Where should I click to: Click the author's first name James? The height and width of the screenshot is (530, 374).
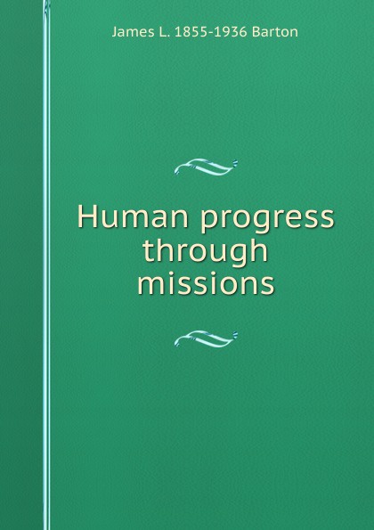(129, 32)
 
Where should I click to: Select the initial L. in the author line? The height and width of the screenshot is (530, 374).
(159, 32)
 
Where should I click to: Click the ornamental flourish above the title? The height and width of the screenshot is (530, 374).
(205, 164)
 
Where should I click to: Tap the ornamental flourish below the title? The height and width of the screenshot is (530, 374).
(205, 336)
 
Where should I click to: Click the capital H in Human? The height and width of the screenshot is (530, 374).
(86, 218)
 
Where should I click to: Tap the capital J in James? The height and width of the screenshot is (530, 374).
(114, 32)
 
